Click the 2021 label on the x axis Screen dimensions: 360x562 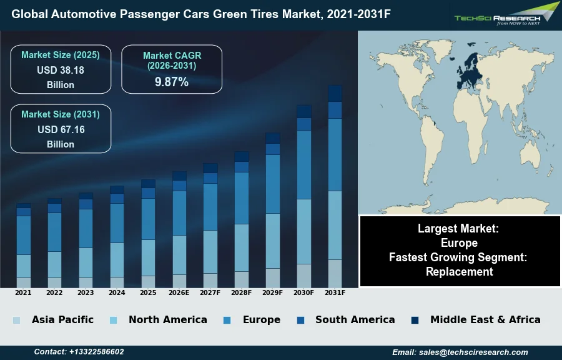(23, 292)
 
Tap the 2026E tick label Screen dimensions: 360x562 (179, 292)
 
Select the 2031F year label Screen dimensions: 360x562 (335, 292)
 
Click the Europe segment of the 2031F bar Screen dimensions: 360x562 (335, 154)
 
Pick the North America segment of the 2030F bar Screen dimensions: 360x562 (304, 231)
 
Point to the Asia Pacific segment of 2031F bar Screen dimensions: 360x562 (335, 273)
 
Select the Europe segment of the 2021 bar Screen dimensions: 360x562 (24, 235)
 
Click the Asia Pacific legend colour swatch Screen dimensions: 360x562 (16, 320)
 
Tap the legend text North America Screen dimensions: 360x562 (167, 319)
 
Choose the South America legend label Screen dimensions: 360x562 (355, 319)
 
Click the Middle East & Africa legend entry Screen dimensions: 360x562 (485, 319)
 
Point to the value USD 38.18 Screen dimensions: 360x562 (61, 70)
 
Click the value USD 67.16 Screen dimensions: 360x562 (61, 129)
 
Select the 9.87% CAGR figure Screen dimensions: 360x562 (172, 82)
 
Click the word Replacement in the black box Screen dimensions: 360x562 (460, 271)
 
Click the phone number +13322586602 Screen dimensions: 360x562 (96, 352)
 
